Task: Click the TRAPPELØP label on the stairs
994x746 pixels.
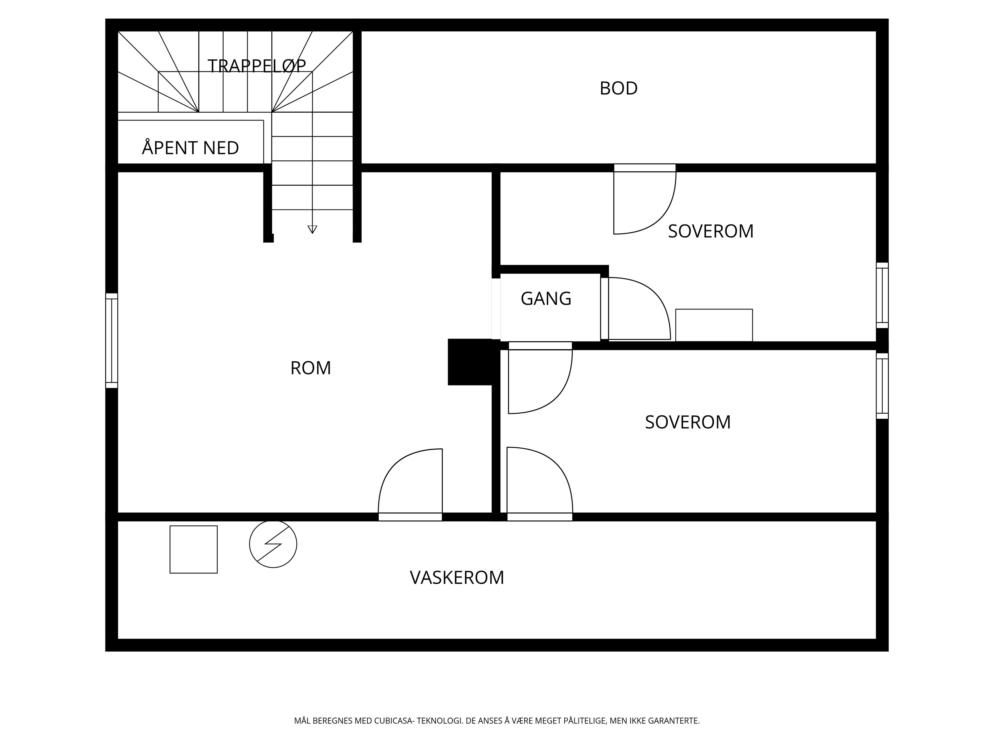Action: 257,66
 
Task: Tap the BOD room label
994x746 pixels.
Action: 618,88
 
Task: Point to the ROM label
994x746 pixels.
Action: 311,368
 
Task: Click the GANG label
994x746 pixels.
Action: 546,299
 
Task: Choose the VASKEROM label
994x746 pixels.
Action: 457,577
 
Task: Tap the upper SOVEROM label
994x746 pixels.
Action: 711,231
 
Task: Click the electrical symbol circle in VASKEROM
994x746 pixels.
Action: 273,544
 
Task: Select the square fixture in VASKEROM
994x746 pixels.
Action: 194,549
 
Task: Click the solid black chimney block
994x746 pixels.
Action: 470,362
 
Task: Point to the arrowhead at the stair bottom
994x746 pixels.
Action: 312,229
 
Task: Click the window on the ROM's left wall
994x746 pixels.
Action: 112,340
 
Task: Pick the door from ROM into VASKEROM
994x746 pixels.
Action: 410,485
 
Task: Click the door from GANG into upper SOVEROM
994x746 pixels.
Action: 636,309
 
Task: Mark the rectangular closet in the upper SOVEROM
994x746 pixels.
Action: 714,325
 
